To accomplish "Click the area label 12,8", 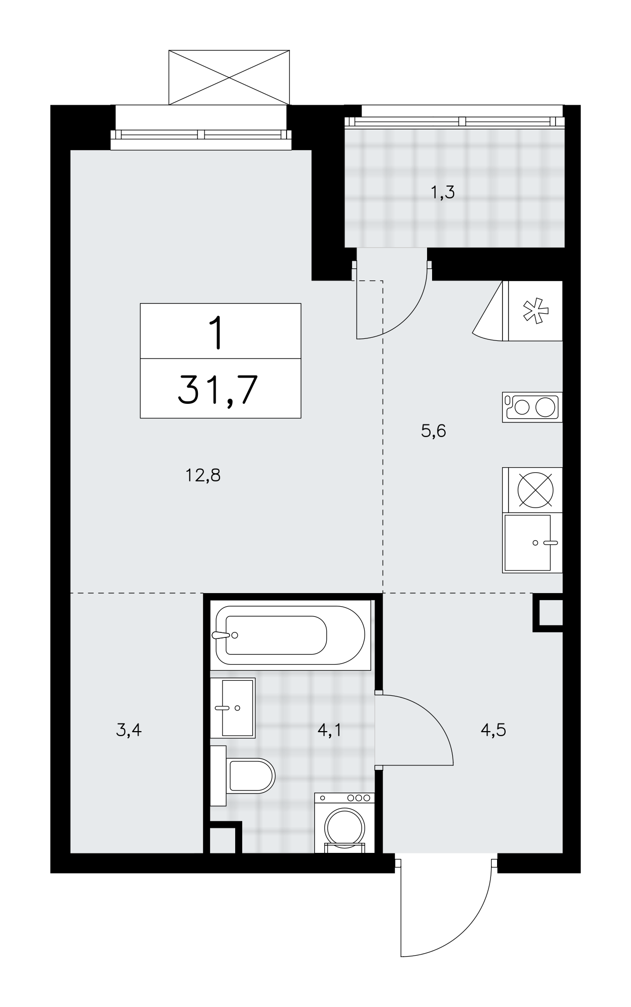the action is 203,475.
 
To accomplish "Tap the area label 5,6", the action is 433,431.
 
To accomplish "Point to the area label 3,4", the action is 128,730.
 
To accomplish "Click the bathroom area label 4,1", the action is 330,730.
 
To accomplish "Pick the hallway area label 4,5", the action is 493,730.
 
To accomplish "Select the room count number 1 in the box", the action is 217,332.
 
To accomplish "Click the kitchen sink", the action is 532,543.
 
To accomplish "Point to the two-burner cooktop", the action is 532,407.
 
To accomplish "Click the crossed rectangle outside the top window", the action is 229,77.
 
